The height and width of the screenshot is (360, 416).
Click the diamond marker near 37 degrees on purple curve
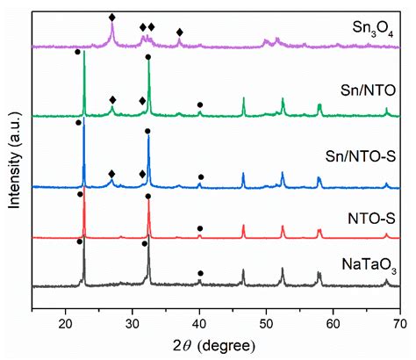click(x=180, y=32)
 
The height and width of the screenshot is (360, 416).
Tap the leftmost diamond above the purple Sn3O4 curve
click(x=111, y=18)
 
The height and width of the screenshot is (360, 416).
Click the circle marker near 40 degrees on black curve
click(x=200, y=274)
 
